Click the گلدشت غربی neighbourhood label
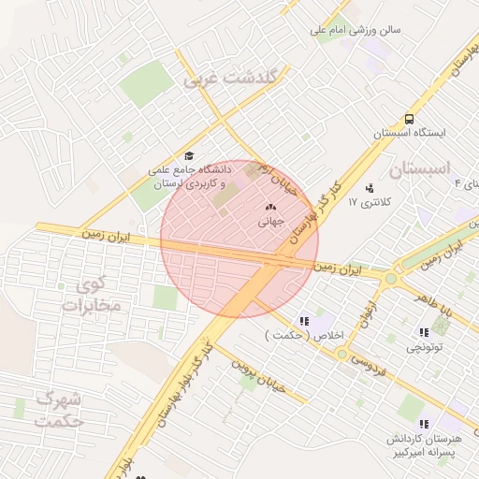coord(230,80)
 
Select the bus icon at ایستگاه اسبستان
coord(409,119)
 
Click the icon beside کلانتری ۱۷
coord(370,188)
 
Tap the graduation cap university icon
coord(189,156)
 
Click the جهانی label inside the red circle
coord(272,221)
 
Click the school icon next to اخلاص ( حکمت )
coord(303,321)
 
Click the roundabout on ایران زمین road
coord(390,277)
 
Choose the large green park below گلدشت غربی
coord(146,85)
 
